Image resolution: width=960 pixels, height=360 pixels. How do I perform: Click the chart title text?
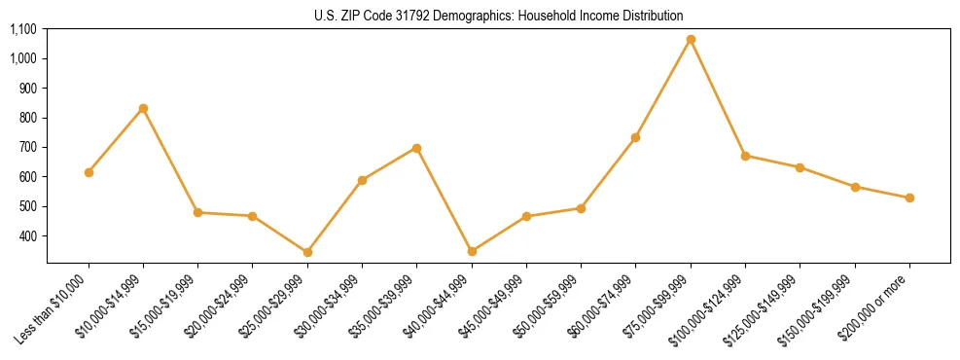(x=498, y=16)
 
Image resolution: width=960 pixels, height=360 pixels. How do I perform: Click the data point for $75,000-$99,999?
(x=691, y=40)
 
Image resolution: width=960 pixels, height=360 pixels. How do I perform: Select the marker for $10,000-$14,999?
(x=143, y=108)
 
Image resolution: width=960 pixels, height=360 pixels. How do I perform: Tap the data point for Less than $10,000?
(x=89, y=172)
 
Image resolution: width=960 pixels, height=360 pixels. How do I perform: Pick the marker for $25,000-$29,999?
(x=307, y=252)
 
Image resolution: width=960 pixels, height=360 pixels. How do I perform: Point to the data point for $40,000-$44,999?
(x=472, y=251)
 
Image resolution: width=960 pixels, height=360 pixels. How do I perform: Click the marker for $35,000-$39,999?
(x=416, y=148)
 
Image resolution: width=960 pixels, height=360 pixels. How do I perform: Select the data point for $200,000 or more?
(x=909, y=198)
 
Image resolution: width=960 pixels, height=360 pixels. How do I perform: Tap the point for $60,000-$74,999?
(x=635, y=137)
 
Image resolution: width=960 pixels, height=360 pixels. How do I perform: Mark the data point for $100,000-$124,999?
(x=745, y=156)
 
